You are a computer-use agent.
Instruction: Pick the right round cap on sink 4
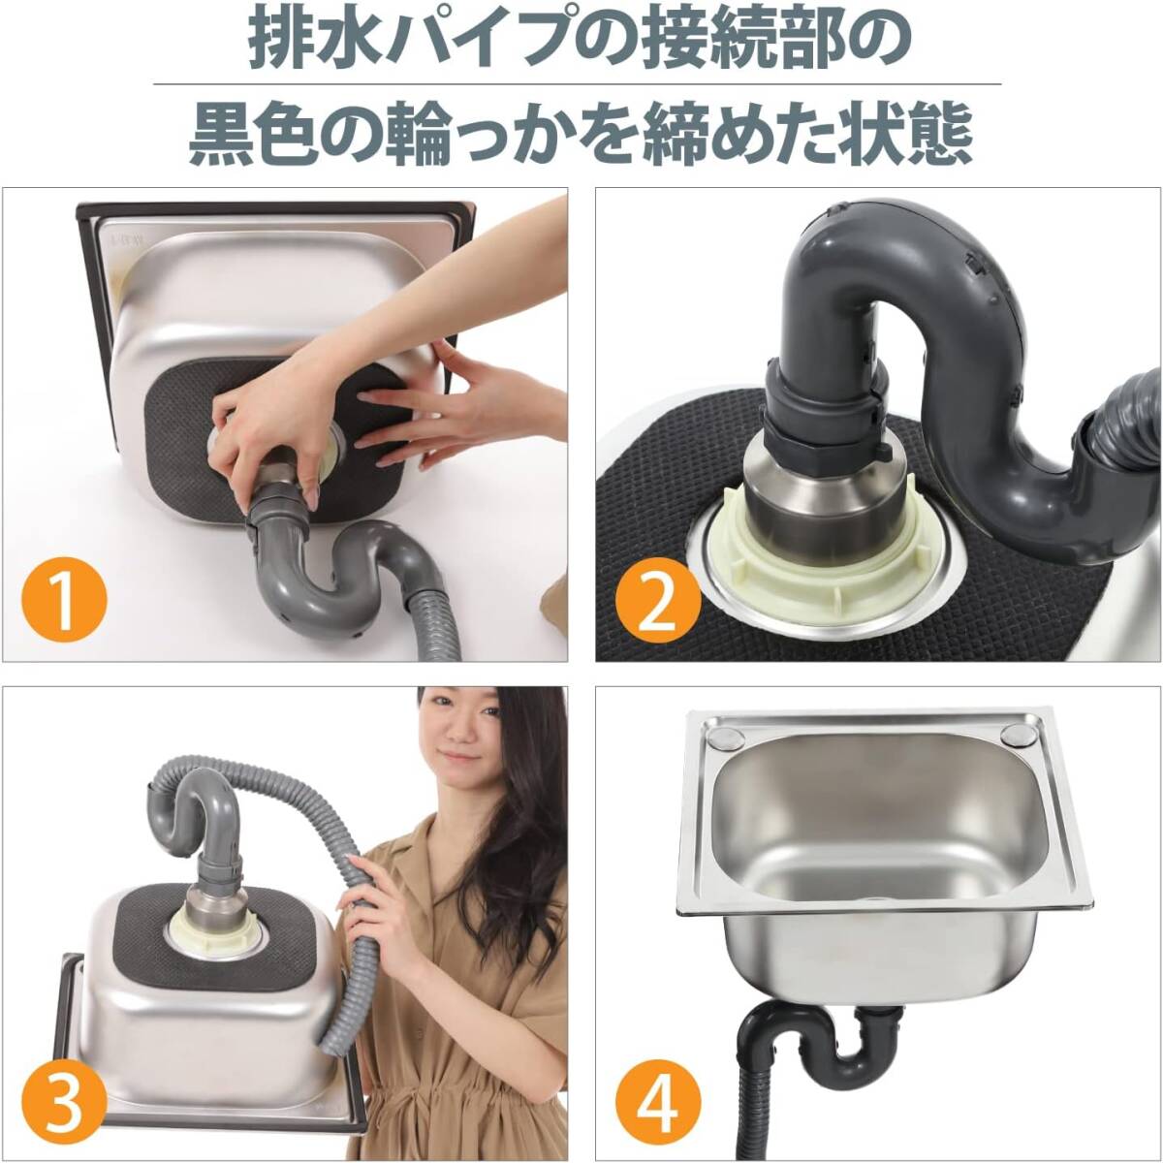pyautogui.click(x=1021, y=737)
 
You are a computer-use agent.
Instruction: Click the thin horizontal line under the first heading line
pyautogui.click(x=577, y=84)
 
